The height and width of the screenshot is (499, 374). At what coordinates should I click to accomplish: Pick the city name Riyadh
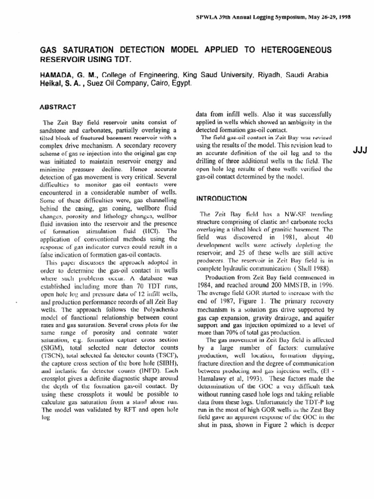pyautogui.click(x=269, y=75)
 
